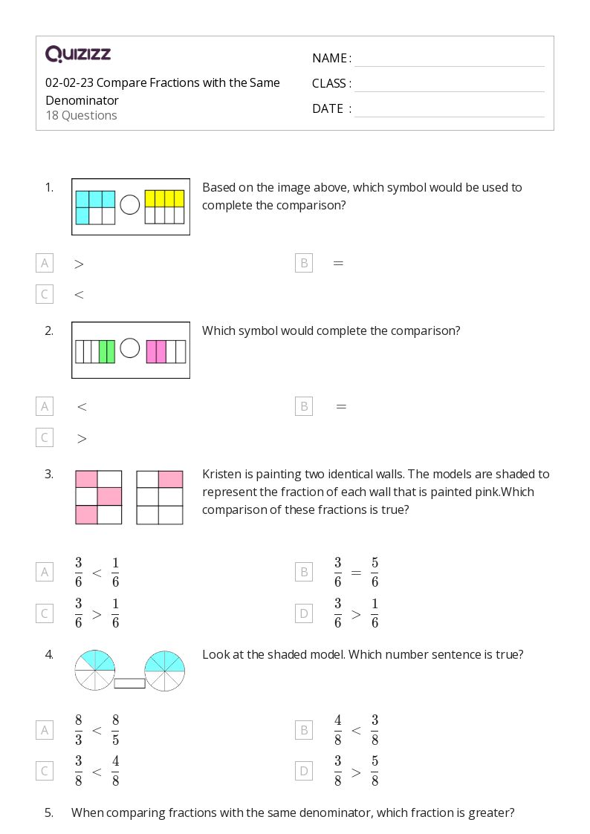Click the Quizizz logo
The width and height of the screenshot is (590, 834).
pyautogui.click(x=78, y=53)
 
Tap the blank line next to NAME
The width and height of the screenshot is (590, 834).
pyautogui.click(x=450, y=67)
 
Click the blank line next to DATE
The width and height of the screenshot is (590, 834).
pyautogui.click(x=450, y=117)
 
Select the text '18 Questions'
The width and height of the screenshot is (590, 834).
pyautogui.click(x=82, y=115)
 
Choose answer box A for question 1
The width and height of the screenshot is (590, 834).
pyautogui.click(x=45, y=263)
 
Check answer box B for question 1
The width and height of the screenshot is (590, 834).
pyautogui.click(x=304, y=263)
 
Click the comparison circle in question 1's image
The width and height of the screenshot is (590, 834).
pyautogui.click(x=130, y=205)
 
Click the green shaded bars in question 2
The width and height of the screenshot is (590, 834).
pyautogui.click(x=107, y=351)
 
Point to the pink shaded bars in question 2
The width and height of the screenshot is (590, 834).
pyautogui.click(x=156, y=351)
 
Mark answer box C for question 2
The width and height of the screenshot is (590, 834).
pyautogui.click(x=45, y=437)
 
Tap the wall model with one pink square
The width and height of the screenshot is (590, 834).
pyautogui.click(x=160, y=498)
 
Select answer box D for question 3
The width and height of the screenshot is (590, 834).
pyautogui.click(x=304, y=613)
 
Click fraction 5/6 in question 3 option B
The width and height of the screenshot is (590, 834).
pyautogui.click(x=375, y=573)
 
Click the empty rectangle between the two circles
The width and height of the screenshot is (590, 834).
pyautogui.click(x=130, y=683)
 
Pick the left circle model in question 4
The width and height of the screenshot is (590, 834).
pyautogui.click(x=94, y=670)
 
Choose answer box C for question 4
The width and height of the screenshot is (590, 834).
pyautogui.click(x=45, y=771)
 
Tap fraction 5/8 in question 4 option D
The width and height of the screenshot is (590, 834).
pyautogui.click(x=375, y=771)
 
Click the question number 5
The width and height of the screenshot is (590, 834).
pyautogui.click(x=49, y=812)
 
